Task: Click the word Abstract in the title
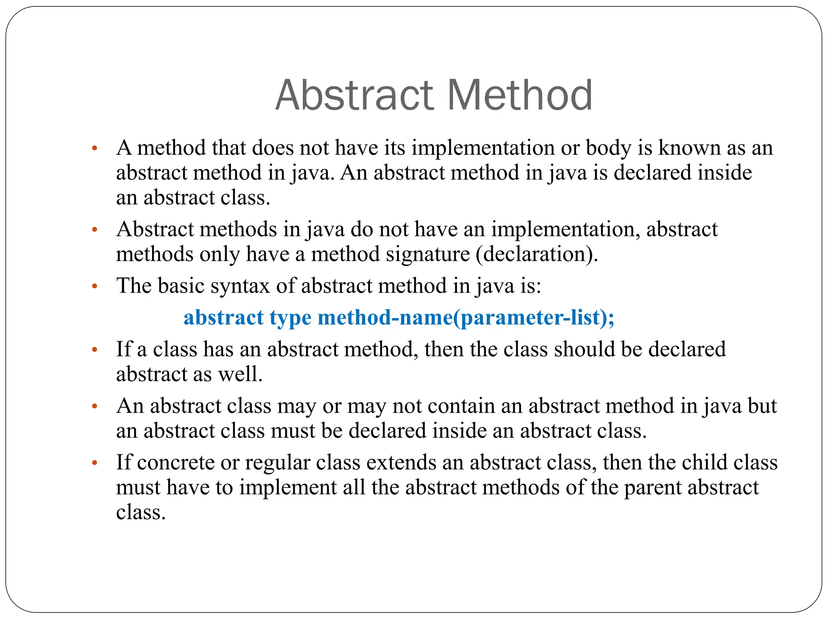point(353,95)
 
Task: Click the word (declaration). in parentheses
point(537,255)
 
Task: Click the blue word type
point(290,318)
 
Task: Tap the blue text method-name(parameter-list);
point(466,318)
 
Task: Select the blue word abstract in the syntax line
point(224,318)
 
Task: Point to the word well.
point(241,374)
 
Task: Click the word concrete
point(176,463)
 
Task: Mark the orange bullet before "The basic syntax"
point(95,287)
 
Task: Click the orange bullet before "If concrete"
point(95,463)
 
